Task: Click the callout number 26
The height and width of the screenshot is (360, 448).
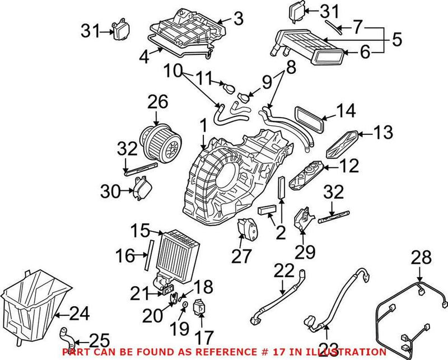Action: pyautogui.click(x=157, y=102)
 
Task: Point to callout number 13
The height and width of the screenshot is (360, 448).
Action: pyautogui.click(x=383, y=133)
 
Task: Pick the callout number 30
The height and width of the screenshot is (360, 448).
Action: pyautogui.click(x=110, y=192)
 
